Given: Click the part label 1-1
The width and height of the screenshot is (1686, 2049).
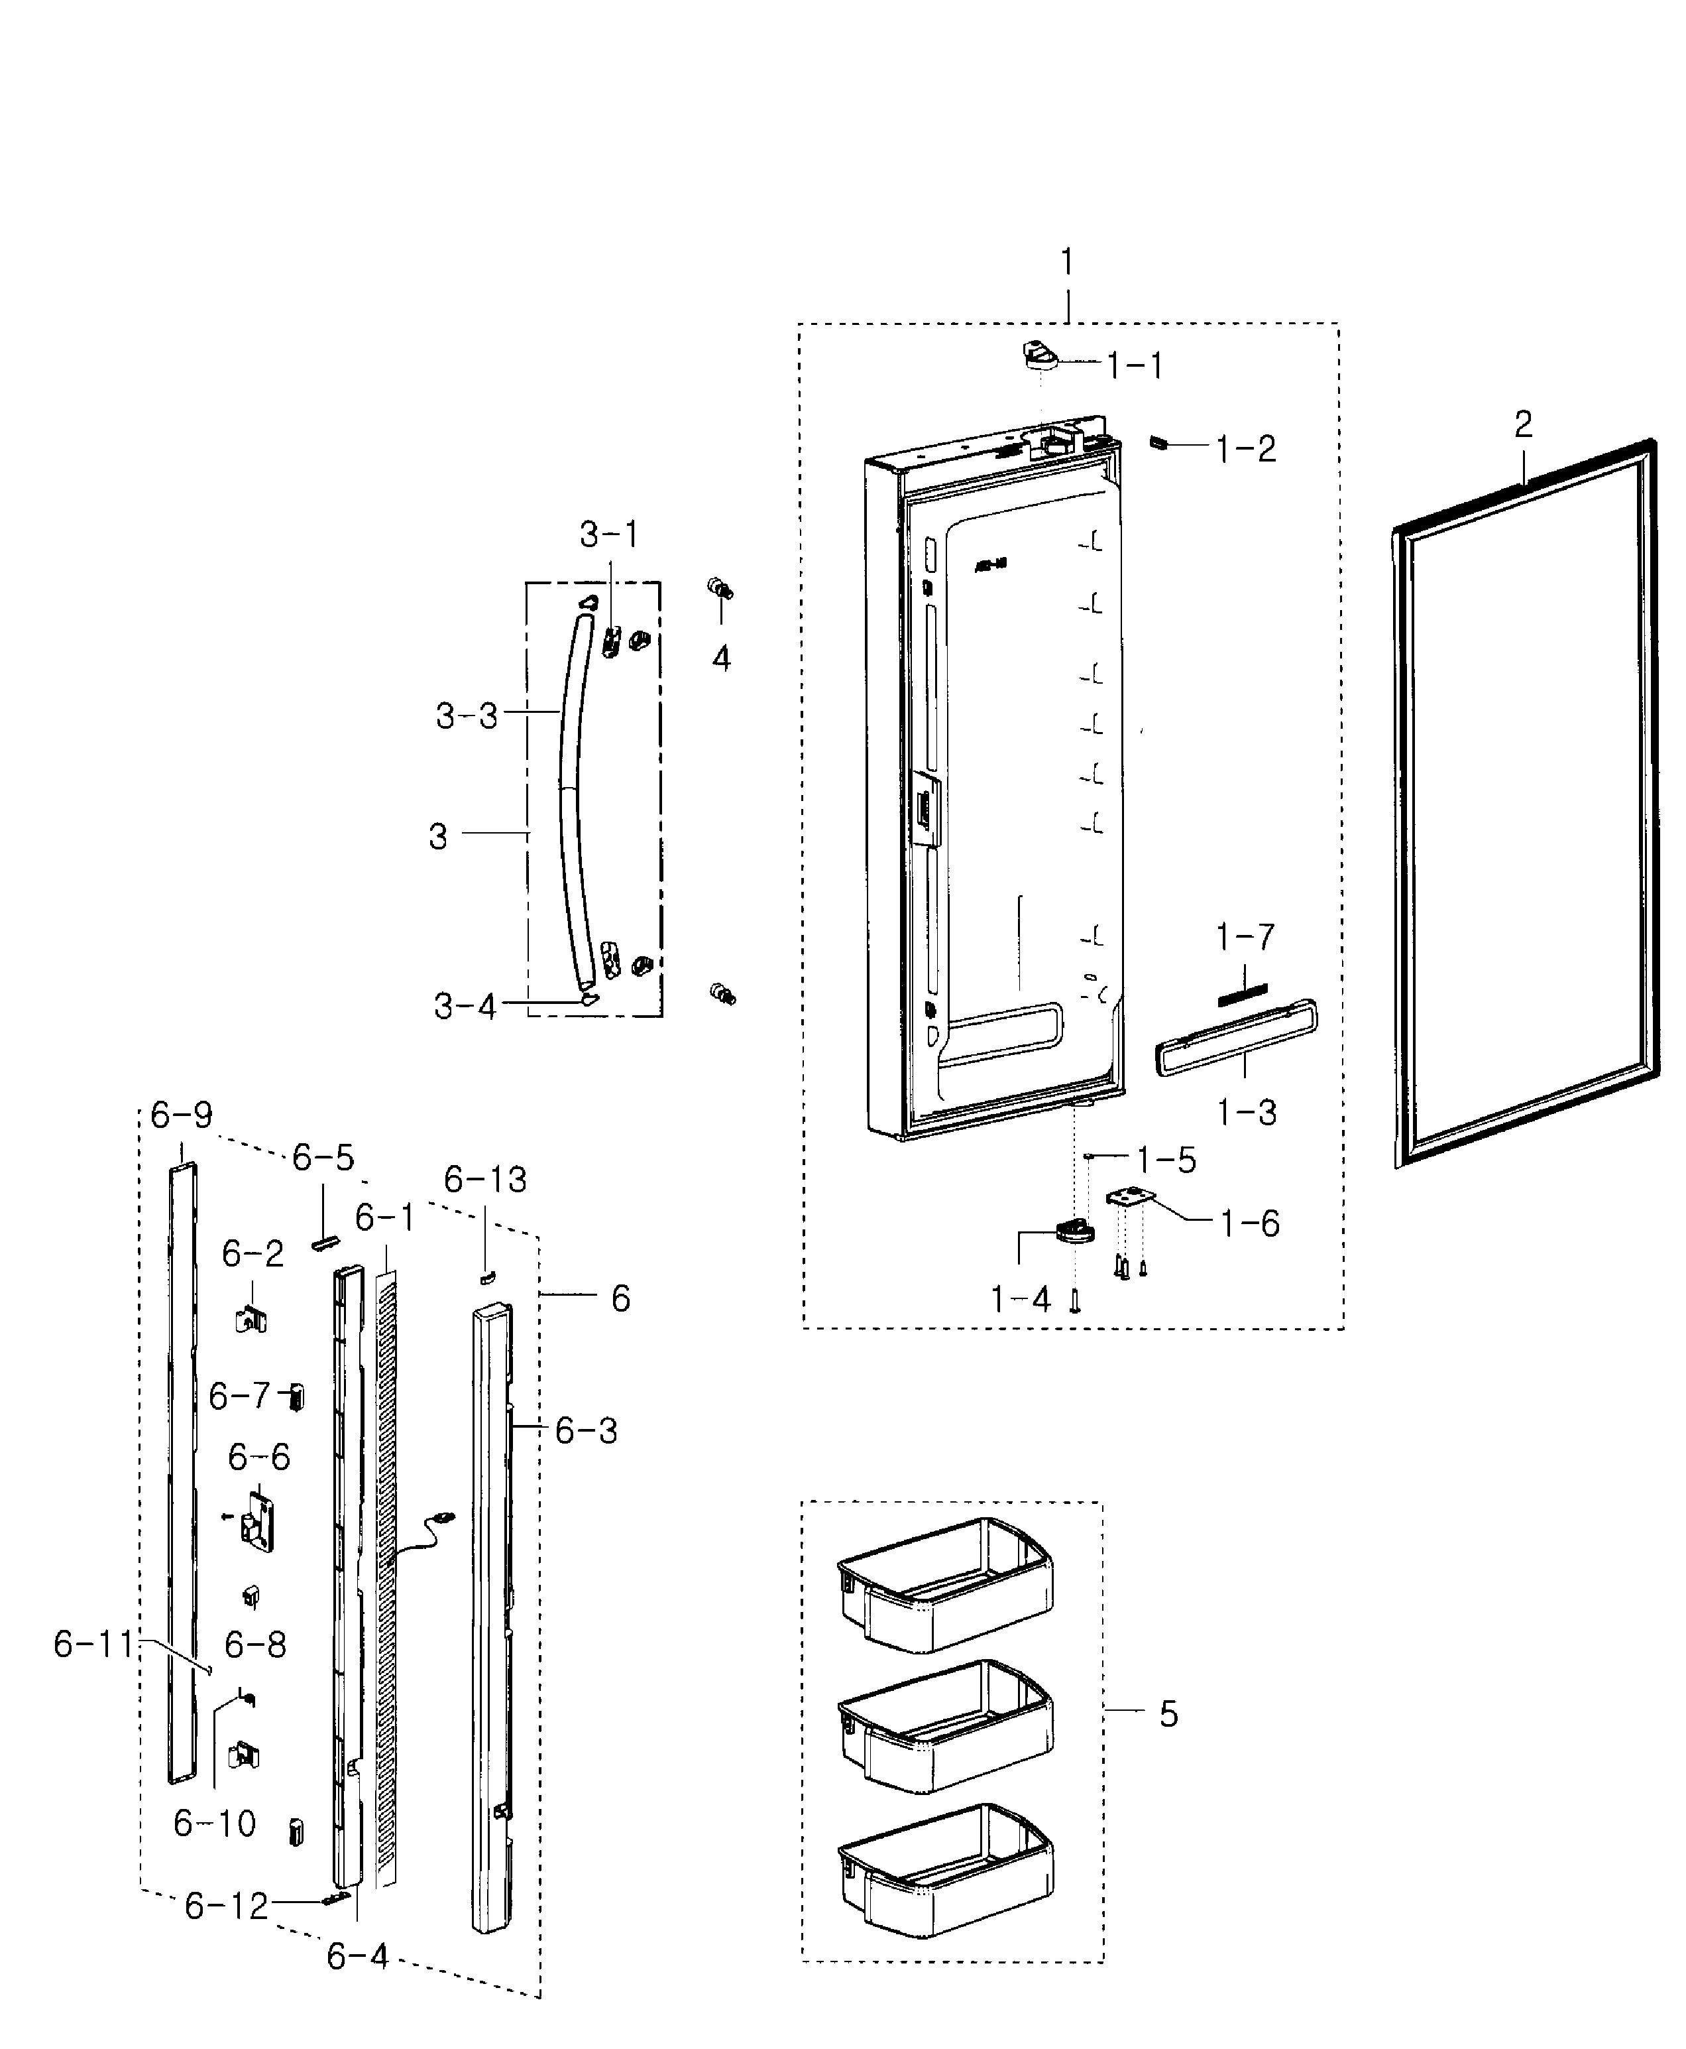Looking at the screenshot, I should [x=1135, y=366].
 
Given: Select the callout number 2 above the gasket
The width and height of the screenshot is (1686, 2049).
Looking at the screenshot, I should [x=1523, y=424].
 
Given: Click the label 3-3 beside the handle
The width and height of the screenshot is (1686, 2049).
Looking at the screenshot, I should [x=466, y=716].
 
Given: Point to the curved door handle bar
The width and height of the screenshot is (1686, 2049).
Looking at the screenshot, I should [x=572, y=796].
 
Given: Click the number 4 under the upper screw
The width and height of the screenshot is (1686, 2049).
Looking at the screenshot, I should [x=720, y=658].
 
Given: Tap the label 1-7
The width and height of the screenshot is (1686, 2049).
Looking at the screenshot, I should [x=1245, y=938].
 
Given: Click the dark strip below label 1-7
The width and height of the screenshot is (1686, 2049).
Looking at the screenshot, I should [x=1243, y=993].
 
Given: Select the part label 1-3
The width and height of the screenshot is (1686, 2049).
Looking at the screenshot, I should [x=1247, y=1113].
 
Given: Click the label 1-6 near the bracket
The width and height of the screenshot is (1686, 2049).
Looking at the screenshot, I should [x=1250, y=1224].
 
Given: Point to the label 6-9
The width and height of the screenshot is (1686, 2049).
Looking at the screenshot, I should [x=181, y=1115].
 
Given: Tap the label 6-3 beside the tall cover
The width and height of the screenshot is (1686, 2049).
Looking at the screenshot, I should [x=586, y=1431].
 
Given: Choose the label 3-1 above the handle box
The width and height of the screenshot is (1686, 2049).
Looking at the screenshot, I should [x=609, y=534].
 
